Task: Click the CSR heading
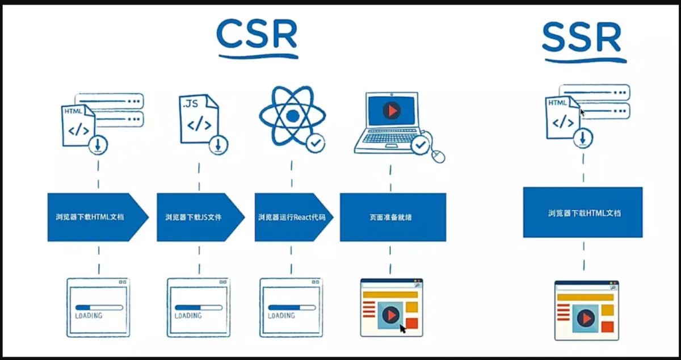[257, 35]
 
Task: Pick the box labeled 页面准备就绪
[393, 217]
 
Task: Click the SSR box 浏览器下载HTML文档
[583, 212]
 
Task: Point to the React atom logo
[292, 116]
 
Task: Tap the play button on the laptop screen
[391, 110]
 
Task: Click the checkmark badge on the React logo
[316, 144]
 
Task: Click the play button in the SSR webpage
[585, 319]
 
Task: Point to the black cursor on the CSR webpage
[403, 328]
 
